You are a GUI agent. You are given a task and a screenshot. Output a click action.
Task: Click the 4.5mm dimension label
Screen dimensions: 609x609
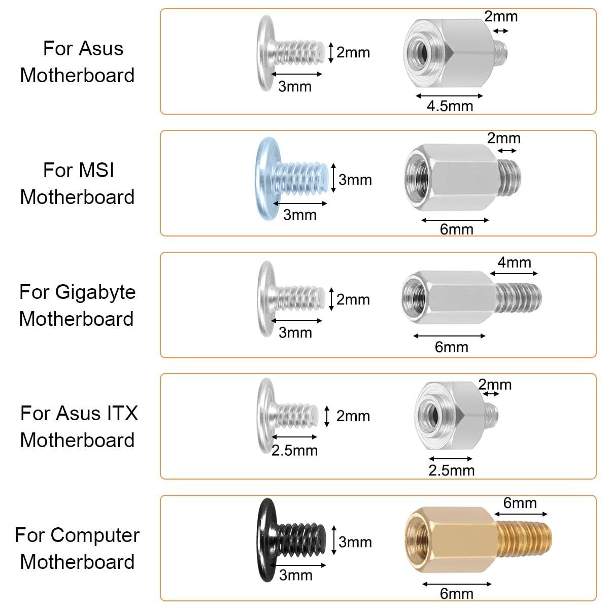[450, 106]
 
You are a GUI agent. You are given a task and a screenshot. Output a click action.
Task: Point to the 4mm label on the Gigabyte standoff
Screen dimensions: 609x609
[514, 262]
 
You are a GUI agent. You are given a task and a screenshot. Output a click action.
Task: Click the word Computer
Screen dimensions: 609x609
[95, 536]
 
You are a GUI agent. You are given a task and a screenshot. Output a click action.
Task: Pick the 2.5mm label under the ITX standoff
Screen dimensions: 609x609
[451, 470]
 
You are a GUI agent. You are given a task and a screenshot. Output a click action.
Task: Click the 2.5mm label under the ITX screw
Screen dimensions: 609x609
[294, 451]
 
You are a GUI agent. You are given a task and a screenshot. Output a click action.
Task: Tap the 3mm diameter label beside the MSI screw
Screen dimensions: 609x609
[355, 180]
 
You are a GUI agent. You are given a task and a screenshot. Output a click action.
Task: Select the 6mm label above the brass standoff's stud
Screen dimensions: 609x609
[520, 503]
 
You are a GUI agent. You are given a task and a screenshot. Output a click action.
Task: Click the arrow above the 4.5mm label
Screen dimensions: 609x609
[449, 96]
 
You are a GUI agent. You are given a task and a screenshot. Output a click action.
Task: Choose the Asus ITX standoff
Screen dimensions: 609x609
[456, 414]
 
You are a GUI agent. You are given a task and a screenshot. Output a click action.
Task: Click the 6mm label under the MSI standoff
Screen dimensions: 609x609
[456, 229]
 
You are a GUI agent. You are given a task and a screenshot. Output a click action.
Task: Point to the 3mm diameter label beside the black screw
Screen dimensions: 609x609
[355, 543]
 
